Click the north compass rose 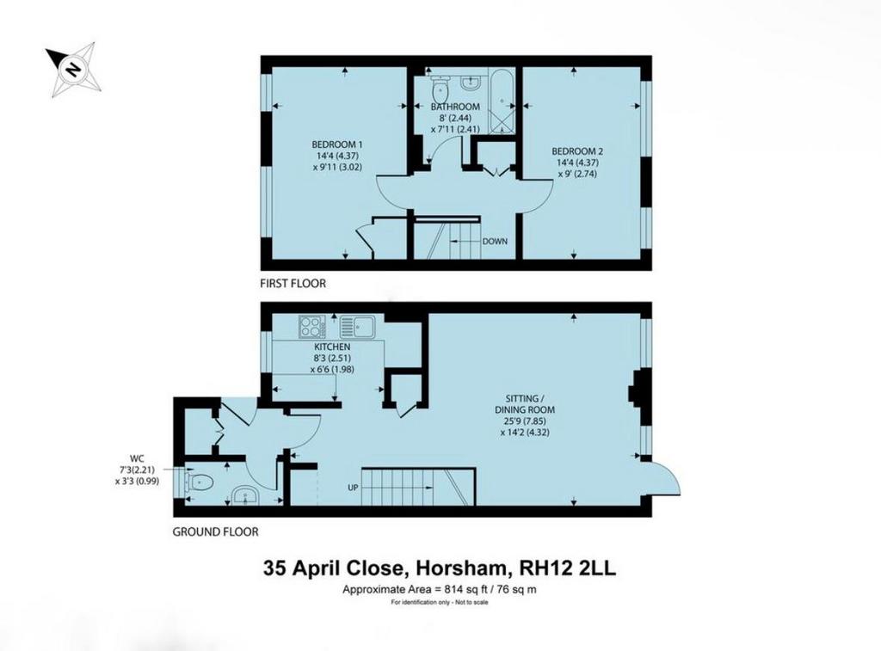[x=74, y=70]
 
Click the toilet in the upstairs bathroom [x=440, y=87]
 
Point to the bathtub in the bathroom [x=502, y=101]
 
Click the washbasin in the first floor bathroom [x=470, y=82]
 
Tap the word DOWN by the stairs [x=495, y=242]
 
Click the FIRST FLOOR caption [x=293, y=284]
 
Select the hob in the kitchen [x=309, y=326]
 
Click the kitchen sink [x=358, y=326]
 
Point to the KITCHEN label [x=332, y=347]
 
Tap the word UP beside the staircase [x=353, y=488]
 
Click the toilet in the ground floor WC [x=200, y=482]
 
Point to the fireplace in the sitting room [x=636, y=388]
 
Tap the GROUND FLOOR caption [x=215, y=532]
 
